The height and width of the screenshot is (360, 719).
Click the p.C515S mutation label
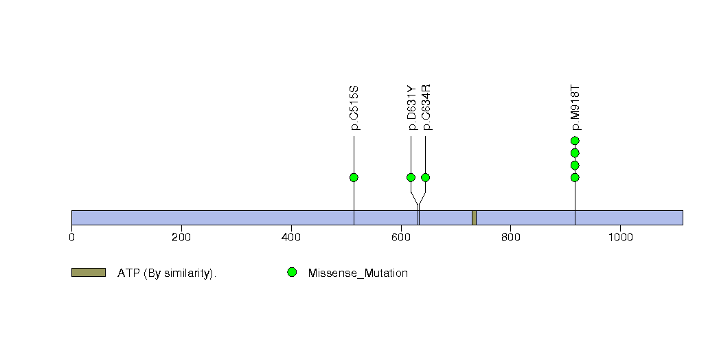[354, 108]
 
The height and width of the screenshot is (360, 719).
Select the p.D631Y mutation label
[411, 108]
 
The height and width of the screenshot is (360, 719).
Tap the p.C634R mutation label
[426, 107]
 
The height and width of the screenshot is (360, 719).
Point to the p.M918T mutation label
[575, 108]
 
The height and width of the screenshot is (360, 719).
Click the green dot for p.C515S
[354, 177]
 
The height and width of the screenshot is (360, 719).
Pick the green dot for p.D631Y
[411, 177]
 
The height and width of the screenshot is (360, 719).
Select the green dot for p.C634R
[426, 177]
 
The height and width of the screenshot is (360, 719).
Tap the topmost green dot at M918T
[575, 141]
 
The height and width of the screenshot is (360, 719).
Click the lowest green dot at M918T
[575, 177]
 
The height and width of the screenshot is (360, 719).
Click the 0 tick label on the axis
[71, 238]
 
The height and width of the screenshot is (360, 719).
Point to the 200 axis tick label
[181, 238]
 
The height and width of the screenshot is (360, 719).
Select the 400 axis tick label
[291, 238]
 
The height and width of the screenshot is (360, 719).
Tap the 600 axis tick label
[401, 238]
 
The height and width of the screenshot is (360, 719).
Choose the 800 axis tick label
[510, 238]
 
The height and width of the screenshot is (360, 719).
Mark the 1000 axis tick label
[620, 238]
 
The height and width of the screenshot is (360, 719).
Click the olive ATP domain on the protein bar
[474, 218]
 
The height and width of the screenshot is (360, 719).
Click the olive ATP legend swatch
[89, 273]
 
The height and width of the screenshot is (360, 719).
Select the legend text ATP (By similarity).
[167, 273]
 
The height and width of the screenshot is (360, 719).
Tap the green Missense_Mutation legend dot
[292, 273]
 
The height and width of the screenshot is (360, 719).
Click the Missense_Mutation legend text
[358, 273]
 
